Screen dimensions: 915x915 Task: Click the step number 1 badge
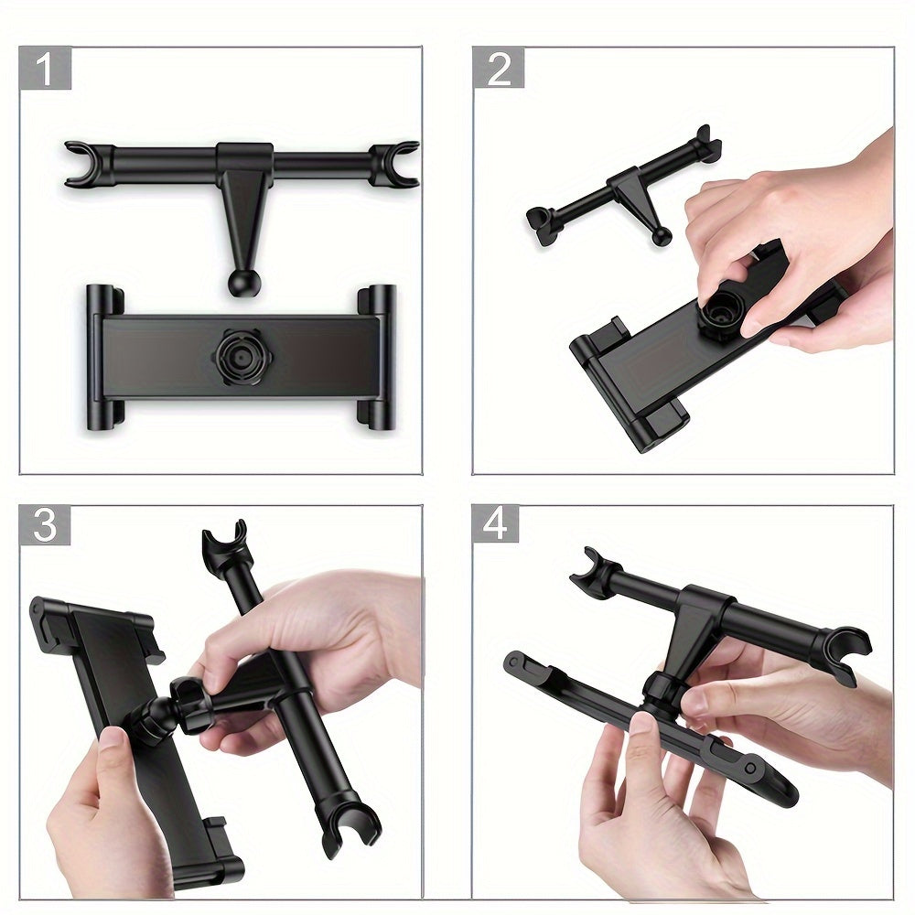[x=45, y=69]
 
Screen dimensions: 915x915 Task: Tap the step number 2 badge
[x=499, y=69]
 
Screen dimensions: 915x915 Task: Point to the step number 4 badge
[x=496, y=524]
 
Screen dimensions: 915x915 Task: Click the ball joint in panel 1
[x=242, y=281]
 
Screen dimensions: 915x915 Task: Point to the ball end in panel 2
[x=661, y=236]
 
